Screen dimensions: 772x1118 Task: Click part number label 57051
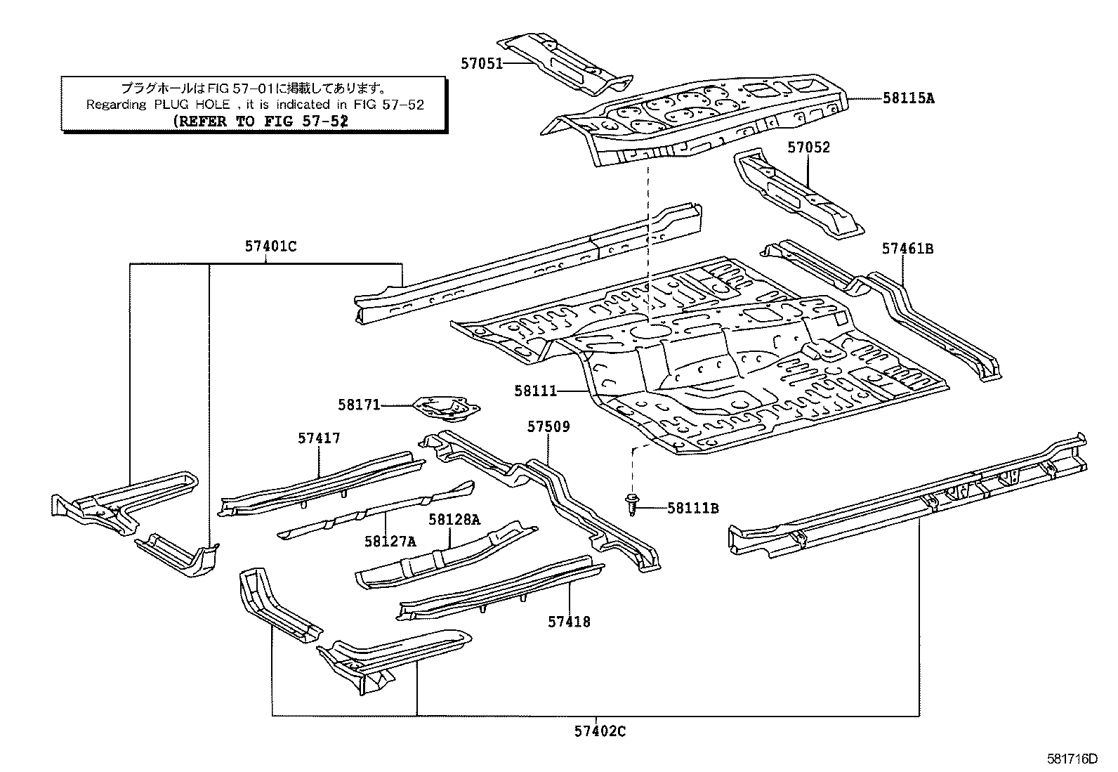[481, 63]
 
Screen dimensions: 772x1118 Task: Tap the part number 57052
[808, 148]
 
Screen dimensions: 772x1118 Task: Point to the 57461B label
[907, 249]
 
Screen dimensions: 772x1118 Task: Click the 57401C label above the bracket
[270, 247]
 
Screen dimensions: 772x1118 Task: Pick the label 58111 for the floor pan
[535, 391]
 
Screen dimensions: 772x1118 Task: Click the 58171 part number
[359, 405]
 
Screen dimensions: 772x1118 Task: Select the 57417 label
[319, 438]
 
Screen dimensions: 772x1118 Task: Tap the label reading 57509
[548, 427]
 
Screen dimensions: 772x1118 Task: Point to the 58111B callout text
[692, 508]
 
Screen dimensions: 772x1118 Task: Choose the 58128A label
[454, 519]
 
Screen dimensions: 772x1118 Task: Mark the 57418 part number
[569, 622]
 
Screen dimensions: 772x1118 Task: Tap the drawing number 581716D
[1072, 759]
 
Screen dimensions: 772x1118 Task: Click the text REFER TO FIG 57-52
[261, 121]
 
